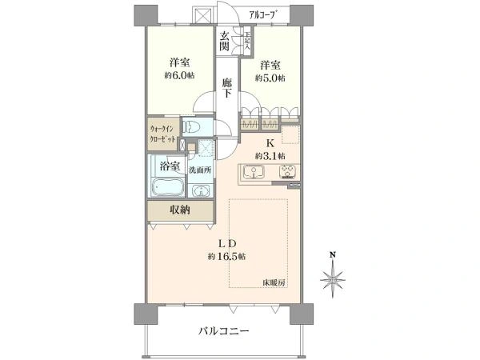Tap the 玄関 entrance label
click(x=226, y=42)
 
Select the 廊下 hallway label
click(x=227, y=88)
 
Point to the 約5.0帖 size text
click(x=270, y=78)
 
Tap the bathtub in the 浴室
click(x=167, y=189)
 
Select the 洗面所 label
click(x=199, y=170)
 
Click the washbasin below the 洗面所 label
click(x=200, y=190)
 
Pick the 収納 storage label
click(x=179, y=210)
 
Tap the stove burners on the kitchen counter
click(x=286, y=172)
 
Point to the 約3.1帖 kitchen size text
click(x=270, y=155)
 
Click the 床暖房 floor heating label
click(x=274, y=282)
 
